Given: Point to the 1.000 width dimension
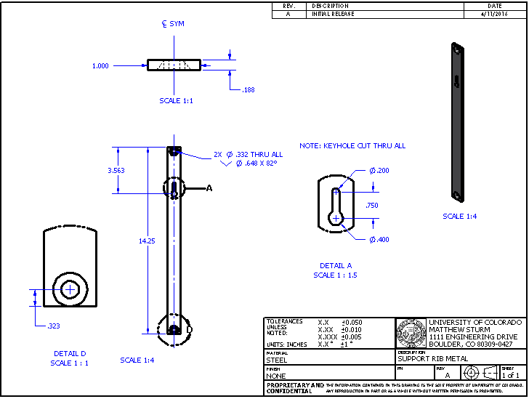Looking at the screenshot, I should click(100, 65).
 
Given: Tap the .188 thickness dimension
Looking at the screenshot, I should click(248, 89).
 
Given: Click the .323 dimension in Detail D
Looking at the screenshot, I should click(53, 326).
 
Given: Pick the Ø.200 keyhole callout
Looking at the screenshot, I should click(379, 170).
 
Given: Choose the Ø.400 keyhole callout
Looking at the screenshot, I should click(379, 240).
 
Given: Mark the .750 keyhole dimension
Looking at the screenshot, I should click(373, 205).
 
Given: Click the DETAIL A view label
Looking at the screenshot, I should click(335, 265).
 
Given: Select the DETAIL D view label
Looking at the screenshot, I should click(69, 353).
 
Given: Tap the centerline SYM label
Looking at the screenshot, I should click(173, 24).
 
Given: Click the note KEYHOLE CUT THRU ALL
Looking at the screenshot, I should click(352, 146).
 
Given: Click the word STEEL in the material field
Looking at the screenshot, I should click(277, 360).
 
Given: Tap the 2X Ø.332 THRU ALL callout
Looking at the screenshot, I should click(248, 154).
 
